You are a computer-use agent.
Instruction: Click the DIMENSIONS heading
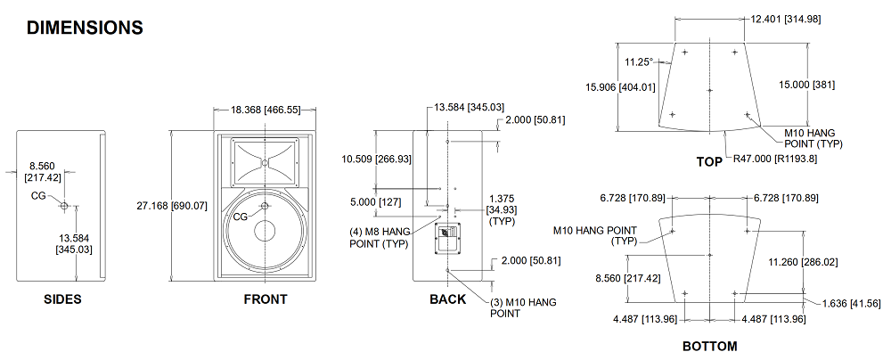click(x=85, y=28)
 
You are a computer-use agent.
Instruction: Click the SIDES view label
click(x=62, y=299)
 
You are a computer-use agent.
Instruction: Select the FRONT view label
click(x=266, y=299)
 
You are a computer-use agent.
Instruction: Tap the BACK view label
click(x=447, y=299)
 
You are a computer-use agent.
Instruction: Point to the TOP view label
click(x=709, y=161)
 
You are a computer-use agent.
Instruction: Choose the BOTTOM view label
click(x=710, y=346)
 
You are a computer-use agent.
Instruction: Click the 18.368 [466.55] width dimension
click(x=266, y=110)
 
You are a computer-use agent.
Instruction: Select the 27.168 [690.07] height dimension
click(x=172, y=206)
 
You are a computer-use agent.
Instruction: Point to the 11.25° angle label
click(x=638, y=62)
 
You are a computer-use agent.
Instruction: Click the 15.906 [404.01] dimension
click(x=620, y=87)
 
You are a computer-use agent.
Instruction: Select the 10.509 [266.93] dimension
click(x=377, y=160)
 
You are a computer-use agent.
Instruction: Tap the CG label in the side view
click(x=38, y=195)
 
